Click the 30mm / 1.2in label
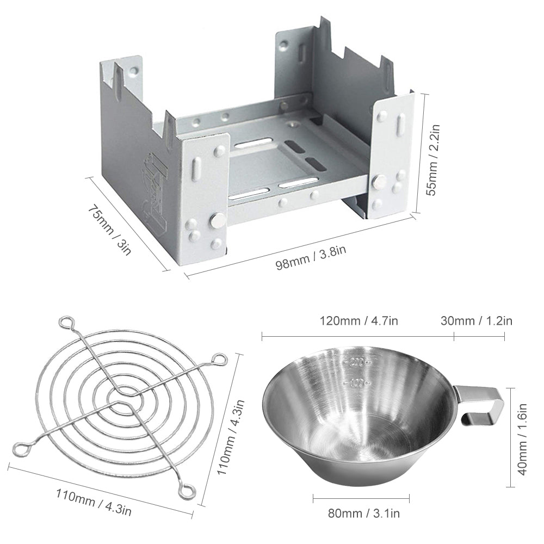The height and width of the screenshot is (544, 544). point(476,320)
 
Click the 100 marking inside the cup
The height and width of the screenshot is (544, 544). point(356,383)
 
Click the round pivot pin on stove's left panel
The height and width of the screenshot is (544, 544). point(216,221)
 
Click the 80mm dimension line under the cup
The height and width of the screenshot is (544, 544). point(361,496)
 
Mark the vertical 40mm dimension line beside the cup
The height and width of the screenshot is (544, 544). point(511,437)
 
